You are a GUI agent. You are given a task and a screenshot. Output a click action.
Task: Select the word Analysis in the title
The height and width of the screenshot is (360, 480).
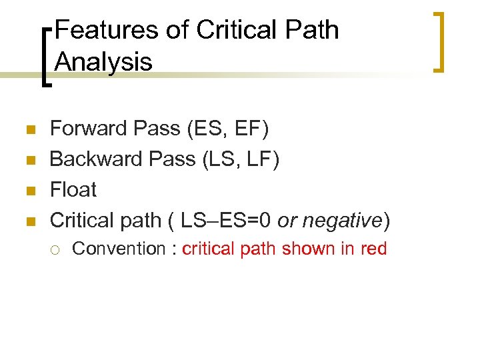[x=103, y=62]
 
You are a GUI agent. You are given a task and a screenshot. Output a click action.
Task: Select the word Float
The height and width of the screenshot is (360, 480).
[x=73, y=189]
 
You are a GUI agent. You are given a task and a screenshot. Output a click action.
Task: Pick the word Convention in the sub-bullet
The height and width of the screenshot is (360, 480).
[x=118, y=249]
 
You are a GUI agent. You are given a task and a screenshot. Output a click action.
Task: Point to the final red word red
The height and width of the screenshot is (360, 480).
[x=373, y=249]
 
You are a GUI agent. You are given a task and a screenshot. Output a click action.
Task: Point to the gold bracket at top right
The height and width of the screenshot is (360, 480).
[x=438, y=41]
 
